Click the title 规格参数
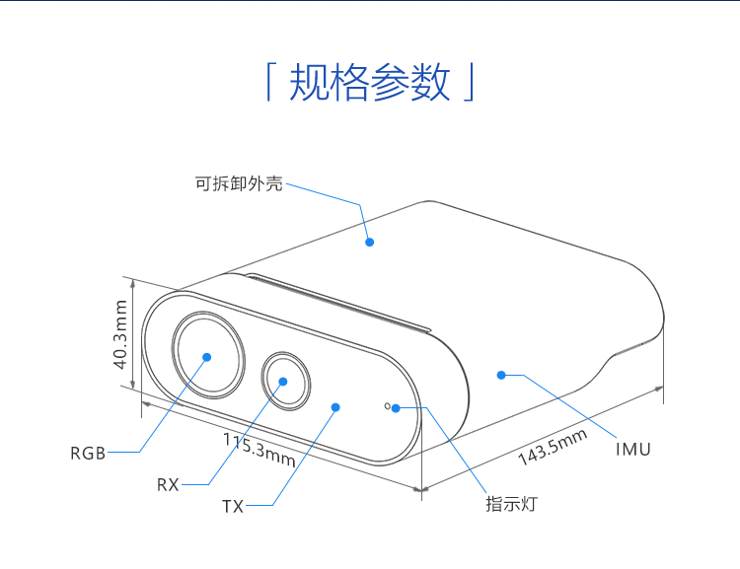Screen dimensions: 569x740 pos(369,82)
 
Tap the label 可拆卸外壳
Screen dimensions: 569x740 pos(239,183)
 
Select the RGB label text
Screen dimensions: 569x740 pos(88,454)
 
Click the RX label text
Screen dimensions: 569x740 pos(168,485)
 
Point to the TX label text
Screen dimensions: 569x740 pos(233,508)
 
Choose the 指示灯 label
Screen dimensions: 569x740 pos(512,504)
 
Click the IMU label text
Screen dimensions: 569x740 pos(633,450)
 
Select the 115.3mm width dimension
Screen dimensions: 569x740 pos(259,449)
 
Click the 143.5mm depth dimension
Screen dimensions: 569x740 pos(553,447)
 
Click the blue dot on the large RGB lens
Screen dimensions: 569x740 pos(207,356)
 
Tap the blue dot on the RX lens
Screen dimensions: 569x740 pos(283,381)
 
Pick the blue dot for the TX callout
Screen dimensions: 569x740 pos(335,405)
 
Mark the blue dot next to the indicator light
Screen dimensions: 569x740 pos(397,406)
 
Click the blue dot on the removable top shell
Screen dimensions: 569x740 pos(370,241)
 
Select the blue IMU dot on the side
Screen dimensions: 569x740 pos(501,375)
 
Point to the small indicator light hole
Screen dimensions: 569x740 pos(388,405)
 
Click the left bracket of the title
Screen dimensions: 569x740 pos(271,83)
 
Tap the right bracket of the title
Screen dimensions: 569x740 pos(470,83)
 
